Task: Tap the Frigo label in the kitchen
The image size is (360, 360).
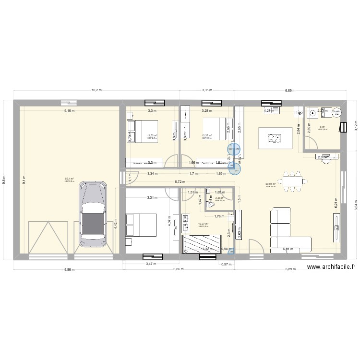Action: click(x=299, y=113)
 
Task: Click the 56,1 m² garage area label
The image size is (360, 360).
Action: click(x=69, y=179)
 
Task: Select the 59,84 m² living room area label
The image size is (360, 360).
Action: click(x=271, y=184)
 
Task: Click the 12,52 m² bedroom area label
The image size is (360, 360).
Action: click(x=152, y=135)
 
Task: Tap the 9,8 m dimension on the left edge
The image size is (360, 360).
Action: click(x=4, y=179)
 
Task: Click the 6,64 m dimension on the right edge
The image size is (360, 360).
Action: click(x=356, y=199)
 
